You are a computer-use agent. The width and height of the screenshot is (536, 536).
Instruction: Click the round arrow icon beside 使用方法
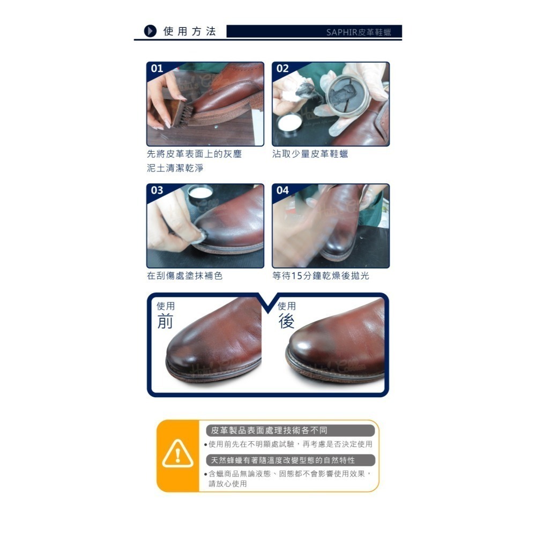pos(151,31)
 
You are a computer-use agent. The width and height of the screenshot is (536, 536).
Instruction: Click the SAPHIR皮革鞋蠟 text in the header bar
pos(359,32)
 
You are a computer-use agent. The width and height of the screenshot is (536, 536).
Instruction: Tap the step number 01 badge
pos(157,69)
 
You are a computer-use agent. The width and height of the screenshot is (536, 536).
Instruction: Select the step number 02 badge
pos(282,69)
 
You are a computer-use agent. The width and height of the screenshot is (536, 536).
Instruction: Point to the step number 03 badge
pos(157,190)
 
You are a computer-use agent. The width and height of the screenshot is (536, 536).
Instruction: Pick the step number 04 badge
pos(282,190)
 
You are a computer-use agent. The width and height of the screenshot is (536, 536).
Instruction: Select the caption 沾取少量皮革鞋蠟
pos(310,154)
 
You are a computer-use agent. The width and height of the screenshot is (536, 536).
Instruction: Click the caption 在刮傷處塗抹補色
pos(184,276)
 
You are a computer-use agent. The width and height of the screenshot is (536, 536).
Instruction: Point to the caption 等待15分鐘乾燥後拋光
pos(321,276)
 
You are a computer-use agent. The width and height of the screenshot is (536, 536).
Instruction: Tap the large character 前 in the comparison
pos(165,321)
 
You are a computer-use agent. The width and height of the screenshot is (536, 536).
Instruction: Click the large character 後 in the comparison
pos(286,321)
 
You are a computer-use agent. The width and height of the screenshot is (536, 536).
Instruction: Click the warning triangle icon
pos(177,453)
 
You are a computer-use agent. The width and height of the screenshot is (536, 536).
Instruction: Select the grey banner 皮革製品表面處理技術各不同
pos(291,430)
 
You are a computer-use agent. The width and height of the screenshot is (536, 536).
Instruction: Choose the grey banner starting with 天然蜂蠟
pos(291,460)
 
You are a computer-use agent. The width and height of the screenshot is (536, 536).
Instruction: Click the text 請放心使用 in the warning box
pos(228,483)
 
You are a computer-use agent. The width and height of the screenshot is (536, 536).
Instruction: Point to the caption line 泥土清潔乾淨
pos(175,168)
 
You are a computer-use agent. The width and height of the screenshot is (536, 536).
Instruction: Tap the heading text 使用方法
pos(190,32)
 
